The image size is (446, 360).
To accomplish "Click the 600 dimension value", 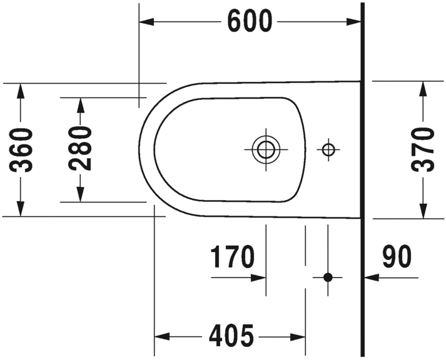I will tap(250, 22).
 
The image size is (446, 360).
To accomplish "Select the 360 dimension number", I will tap(23, 150).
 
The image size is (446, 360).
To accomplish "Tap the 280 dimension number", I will tap(81, 149).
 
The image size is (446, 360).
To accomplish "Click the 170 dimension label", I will tap(232, 257).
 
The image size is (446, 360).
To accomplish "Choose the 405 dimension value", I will tap(231, 336).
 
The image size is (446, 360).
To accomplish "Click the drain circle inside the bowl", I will tap(266, 149).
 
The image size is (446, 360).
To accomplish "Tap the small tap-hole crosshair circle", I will tap(328, 149).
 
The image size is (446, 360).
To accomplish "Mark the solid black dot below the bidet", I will tap(327, 277).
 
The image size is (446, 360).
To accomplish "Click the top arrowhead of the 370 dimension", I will tap(424, 89).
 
